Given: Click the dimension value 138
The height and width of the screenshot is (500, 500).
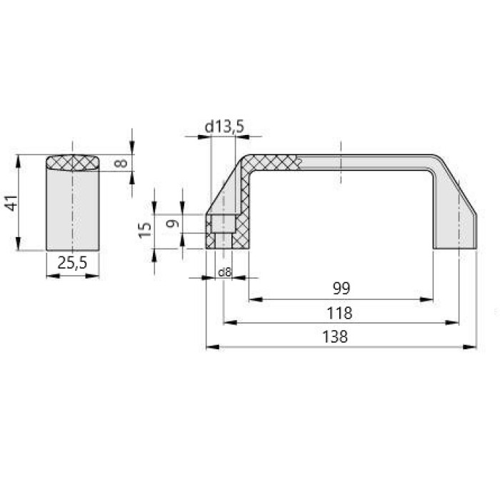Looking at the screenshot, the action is point(335,336).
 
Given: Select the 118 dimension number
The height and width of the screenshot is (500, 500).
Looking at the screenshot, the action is point(339,313).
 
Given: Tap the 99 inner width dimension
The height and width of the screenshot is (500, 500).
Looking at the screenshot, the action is point(341,289).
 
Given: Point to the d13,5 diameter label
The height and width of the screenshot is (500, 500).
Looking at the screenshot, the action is point(224,126).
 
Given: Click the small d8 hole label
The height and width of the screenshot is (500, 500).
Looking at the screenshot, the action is point(224,272).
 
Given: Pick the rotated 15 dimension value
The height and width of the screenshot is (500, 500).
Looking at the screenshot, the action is point(145,229).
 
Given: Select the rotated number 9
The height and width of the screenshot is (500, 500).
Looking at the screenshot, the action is point(173,224).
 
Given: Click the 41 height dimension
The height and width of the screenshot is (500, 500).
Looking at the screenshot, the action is point(12,203).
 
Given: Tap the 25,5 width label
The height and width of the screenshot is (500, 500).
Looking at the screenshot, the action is point(72,263).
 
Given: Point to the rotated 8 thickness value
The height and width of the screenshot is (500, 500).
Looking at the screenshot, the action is point(121,164).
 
